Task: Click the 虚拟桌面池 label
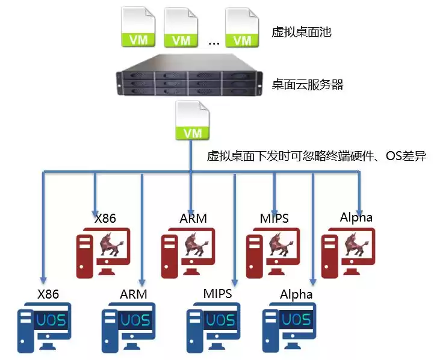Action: (x=301, y=32)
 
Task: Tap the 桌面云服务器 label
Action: (x=307, y=85)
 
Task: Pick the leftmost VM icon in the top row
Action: (x=139, y=28)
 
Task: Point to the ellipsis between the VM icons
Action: (x=214, y=42)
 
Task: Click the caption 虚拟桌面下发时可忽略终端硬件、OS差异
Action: (x=316, y=157)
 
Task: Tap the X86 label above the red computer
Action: (x=105, y=218)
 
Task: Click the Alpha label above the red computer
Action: (x=356, y=217)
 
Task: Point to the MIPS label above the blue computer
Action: (x=217, y=294)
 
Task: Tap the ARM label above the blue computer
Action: (x=133, y=294)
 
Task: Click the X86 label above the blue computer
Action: (x=48, y=294)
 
